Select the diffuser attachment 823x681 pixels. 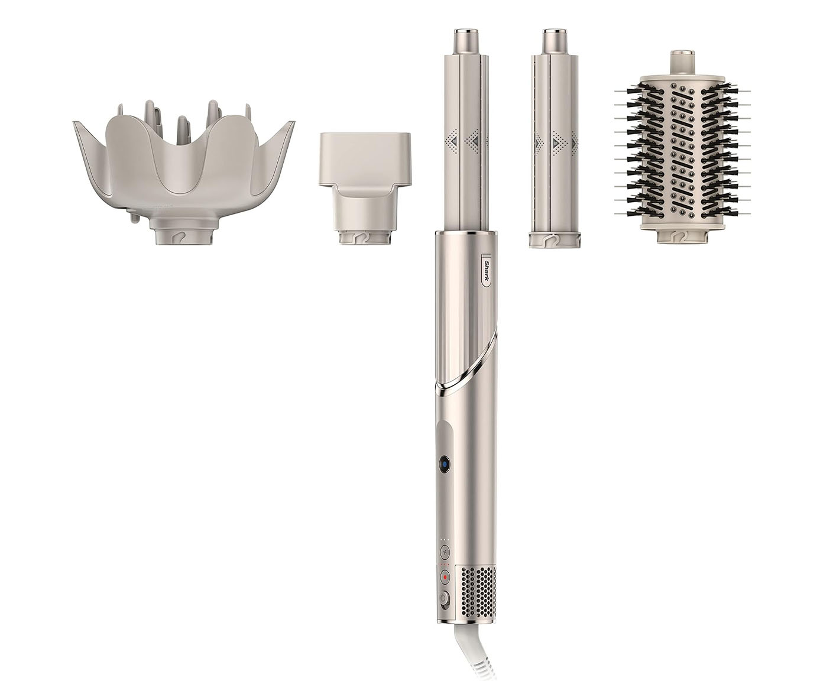coord(184,173)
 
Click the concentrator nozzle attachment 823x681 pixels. coord(365,189)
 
